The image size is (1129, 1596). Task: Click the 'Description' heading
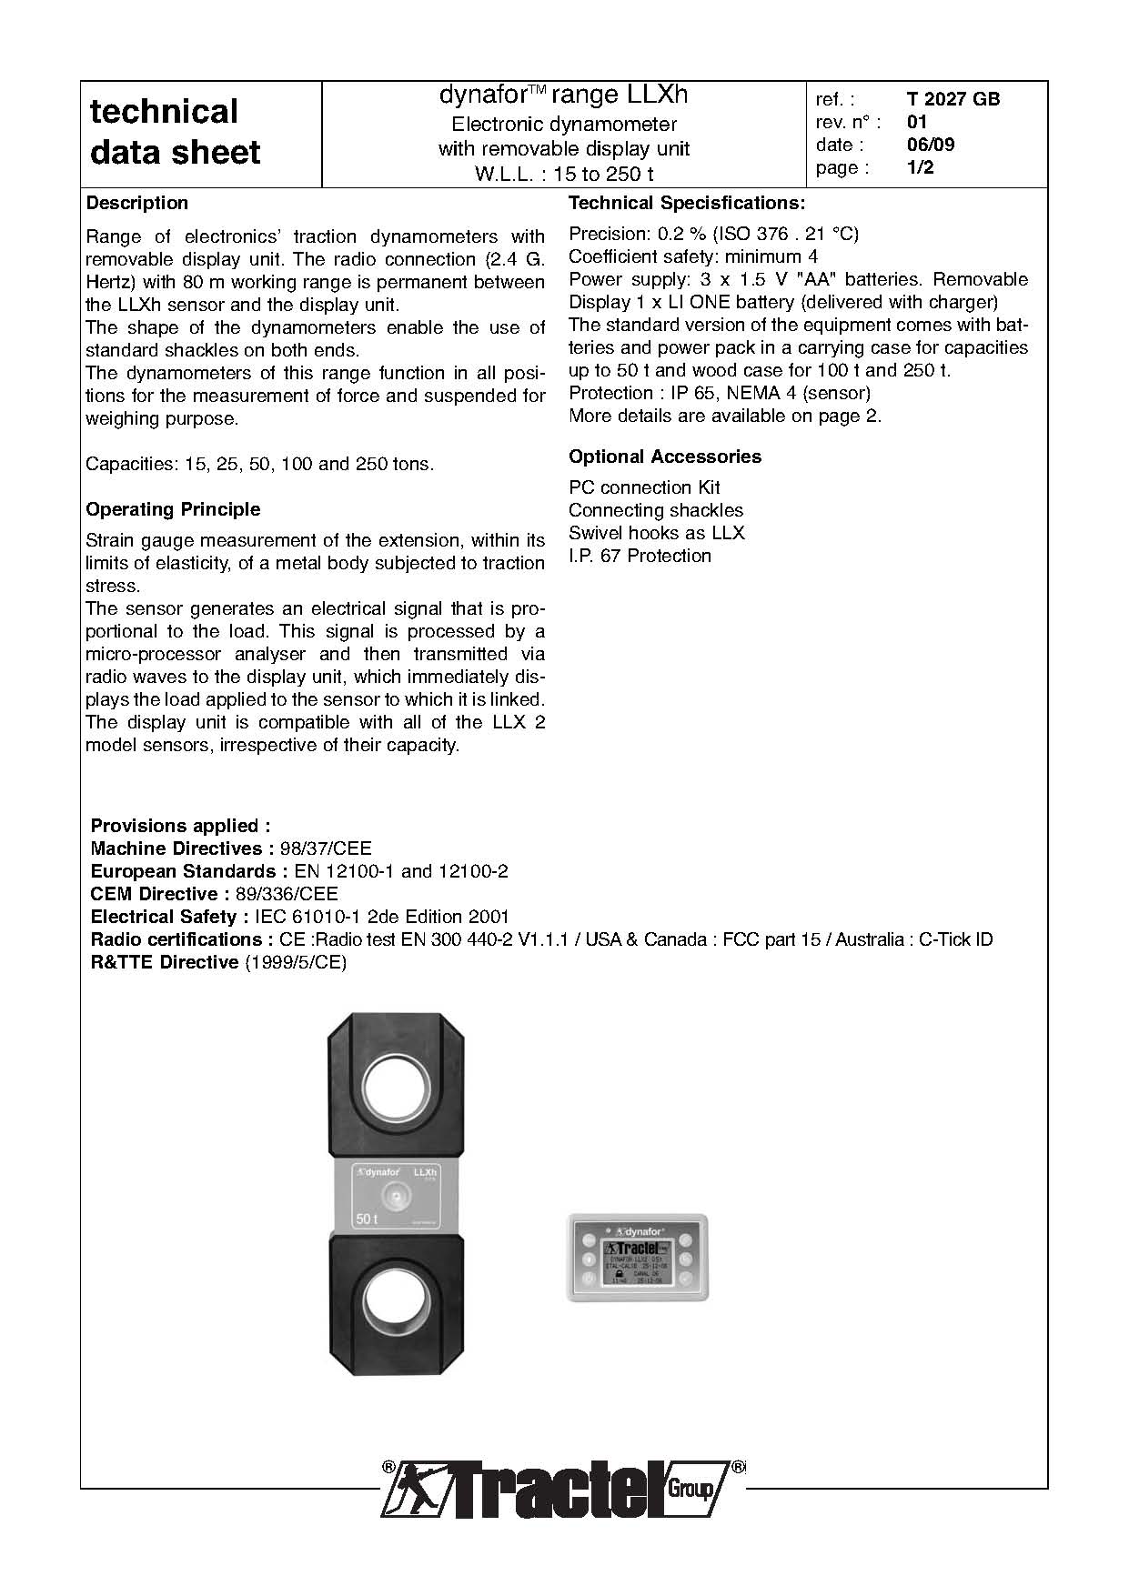click(x=136, y=203)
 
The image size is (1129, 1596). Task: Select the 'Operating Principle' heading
click(x=173, y=509)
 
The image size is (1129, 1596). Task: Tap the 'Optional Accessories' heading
click(x=665, y=457)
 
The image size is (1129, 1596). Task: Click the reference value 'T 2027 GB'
click(x=953, y=99)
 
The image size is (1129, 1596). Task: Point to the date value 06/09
click(x=931, y=145)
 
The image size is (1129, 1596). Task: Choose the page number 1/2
click(x=921, y=167)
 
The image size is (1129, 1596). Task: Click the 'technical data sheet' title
click(x=175, y=132)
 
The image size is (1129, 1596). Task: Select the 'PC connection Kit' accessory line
click(x=644, y=487)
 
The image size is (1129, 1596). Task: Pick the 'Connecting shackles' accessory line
click(x=656, y=510)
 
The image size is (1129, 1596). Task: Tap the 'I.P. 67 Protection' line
click(x=640, y=556)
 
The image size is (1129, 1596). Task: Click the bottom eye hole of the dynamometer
click(x=398, y=1302)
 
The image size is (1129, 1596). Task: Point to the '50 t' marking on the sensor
click(x=366, y=1219)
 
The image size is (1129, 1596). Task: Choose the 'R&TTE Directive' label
click(x=165, y=962)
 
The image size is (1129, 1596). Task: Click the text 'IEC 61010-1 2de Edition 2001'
click(x=381, y=917)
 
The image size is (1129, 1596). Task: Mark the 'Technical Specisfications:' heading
click(x=687, y=203)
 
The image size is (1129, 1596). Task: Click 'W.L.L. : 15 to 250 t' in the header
click(x=564, y=174)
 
